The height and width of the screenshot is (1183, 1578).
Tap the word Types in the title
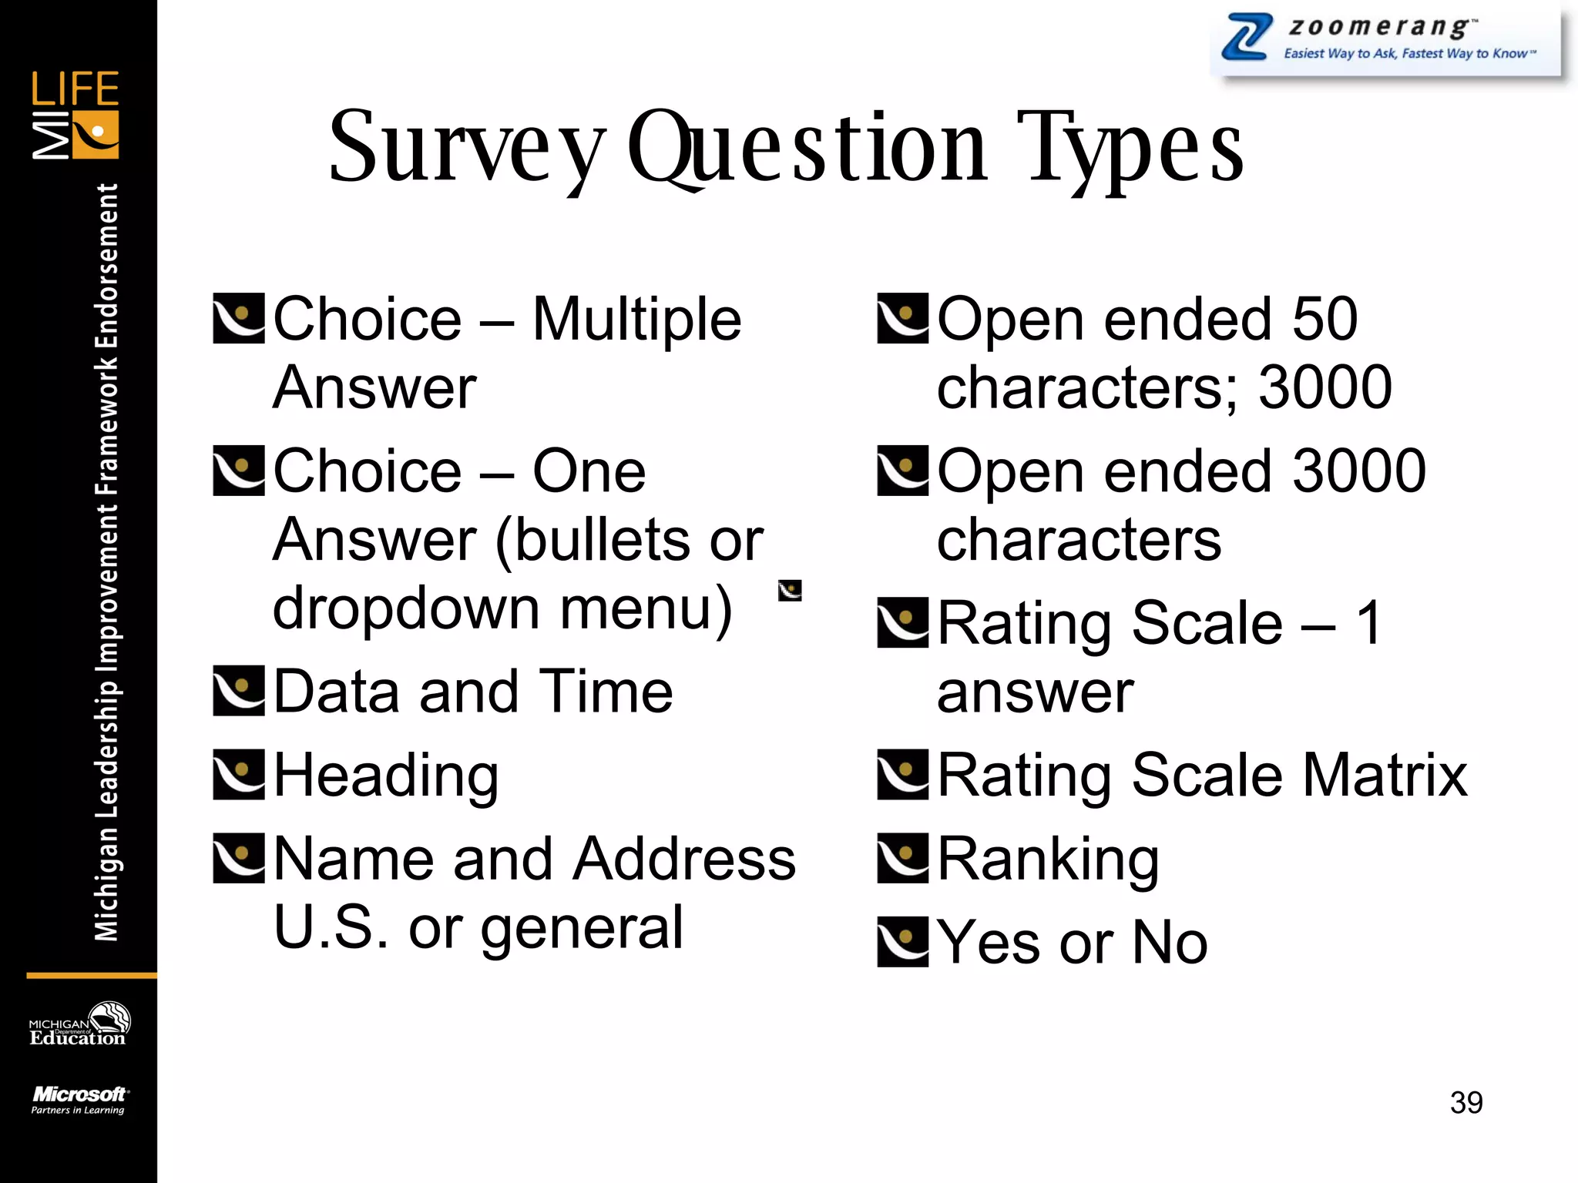[x=1130, y=148]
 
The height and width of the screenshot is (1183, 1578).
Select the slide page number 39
[x=1466, y=1102]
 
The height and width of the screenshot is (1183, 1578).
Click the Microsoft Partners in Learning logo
[x=79, y=1100]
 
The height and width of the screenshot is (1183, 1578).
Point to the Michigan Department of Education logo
[x=79, y=1025]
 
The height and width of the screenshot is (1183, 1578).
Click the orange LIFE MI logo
[x=76, y=115]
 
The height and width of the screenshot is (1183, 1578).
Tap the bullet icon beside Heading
[x=239, y=774]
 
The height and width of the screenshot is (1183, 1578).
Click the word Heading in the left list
[x=386, y=776]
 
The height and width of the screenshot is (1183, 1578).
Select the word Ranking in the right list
[x=1048, y=860]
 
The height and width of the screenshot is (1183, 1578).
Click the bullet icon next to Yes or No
[x=903, y=941]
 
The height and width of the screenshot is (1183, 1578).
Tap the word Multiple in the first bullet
[x=636, y=320]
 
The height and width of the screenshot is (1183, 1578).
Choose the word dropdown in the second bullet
[x=406, y=608]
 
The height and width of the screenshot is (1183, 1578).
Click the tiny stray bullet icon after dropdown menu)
[x=790, y=591]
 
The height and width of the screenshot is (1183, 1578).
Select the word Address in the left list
[x=685, y=859]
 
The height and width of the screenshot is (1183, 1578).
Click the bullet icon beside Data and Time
[x=239, y=691]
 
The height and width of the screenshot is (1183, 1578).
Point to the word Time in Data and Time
[x=606, y=692]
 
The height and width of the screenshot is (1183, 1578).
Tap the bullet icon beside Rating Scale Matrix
[x=903, y=774]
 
